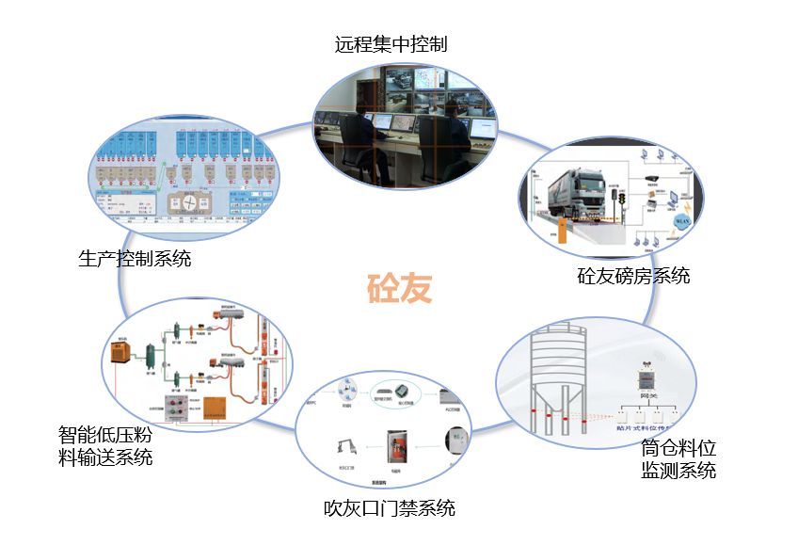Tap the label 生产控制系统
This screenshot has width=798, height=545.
pos(135,257)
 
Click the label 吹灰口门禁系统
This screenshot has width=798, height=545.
pos(390,508)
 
